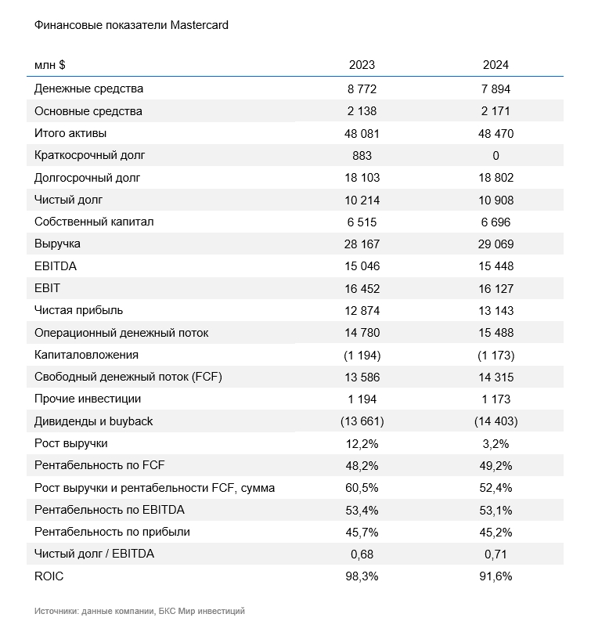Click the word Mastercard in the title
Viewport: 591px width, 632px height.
pos(199,25)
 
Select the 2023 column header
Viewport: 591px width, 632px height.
pos(362,65)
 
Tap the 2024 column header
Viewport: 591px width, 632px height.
pos(496,65)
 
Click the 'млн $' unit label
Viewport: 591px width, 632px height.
pos(50,65)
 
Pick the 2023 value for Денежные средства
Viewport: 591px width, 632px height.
pos(362,89)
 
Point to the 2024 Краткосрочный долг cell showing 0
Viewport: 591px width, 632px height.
pos(496,156)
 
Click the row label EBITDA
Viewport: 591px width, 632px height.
pos(56,266)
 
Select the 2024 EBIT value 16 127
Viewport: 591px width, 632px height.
pos(496,289)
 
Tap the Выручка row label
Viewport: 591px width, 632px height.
pos(57,244)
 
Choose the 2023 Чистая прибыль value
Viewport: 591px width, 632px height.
pos(362,311)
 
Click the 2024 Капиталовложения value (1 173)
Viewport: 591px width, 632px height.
pos(496,355)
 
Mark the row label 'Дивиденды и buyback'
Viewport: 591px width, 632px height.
pos(93,421)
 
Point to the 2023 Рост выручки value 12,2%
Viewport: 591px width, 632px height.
pos(362,444)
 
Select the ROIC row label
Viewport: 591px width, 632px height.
pos(49,576)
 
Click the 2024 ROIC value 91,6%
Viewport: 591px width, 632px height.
pos(496,576)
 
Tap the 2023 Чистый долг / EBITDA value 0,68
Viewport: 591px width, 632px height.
pos(362,554)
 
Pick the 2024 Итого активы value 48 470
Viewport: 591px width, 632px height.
pos(496,133)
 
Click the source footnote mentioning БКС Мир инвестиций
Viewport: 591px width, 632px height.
pos(139,611)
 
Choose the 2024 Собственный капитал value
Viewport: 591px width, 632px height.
pos(496,222)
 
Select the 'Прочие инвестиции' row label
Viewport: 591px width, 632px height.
pos(88,399)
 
